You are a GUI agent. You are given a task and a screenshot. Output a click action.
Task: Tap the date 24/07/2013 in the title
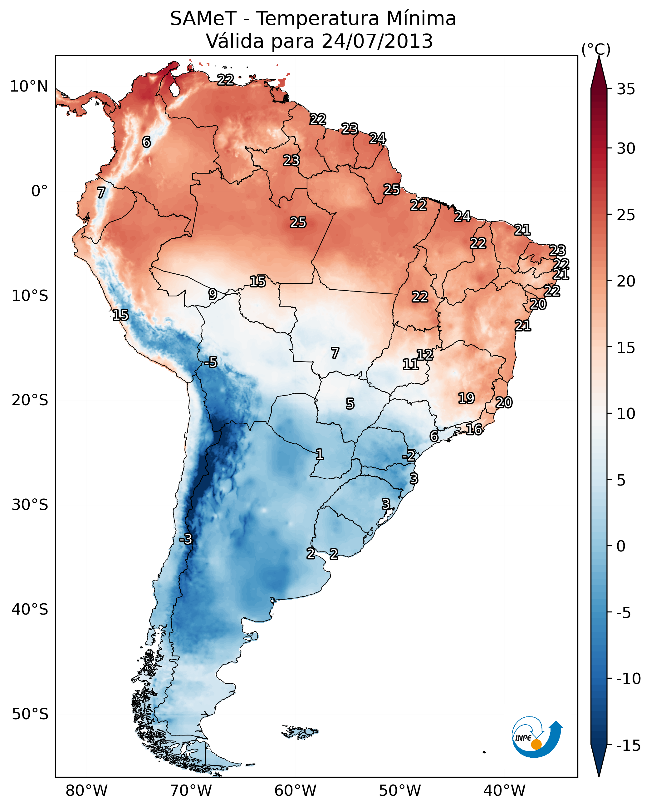pos(377,41)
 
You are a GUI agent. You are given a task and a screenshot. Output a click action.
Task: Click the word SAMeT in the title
pos(203,18)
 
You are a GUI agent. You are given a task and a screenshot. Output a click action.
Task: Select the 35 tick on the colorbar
pos(626,89)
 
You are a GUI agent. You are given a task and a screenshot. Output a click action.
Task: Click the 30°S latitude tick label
pos(30,505)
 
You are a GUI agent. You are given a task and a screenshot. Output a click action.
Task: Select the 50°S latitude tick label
pos(30,714)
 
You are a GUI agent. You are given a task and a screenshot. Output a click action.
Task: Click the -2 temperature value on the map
pos(409,456)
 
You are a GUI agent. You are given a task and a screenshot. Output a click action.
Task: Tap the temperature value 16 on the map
pos(474,429)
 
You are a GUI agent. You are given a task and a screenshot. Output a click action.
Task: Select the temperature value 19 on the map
pos(467,398)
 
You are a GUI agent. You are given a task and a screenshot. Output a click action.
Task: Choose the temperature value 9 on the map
pos(213,294)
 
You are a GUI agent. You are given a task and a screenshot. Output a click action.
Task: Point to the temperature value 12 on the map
pos(425,354)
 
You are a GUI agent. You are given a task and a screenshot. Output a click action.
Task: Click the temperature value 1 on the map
pos(320,455)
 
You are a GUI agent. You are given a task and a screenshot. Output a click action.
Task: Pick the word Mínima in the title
pos(421,18)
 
